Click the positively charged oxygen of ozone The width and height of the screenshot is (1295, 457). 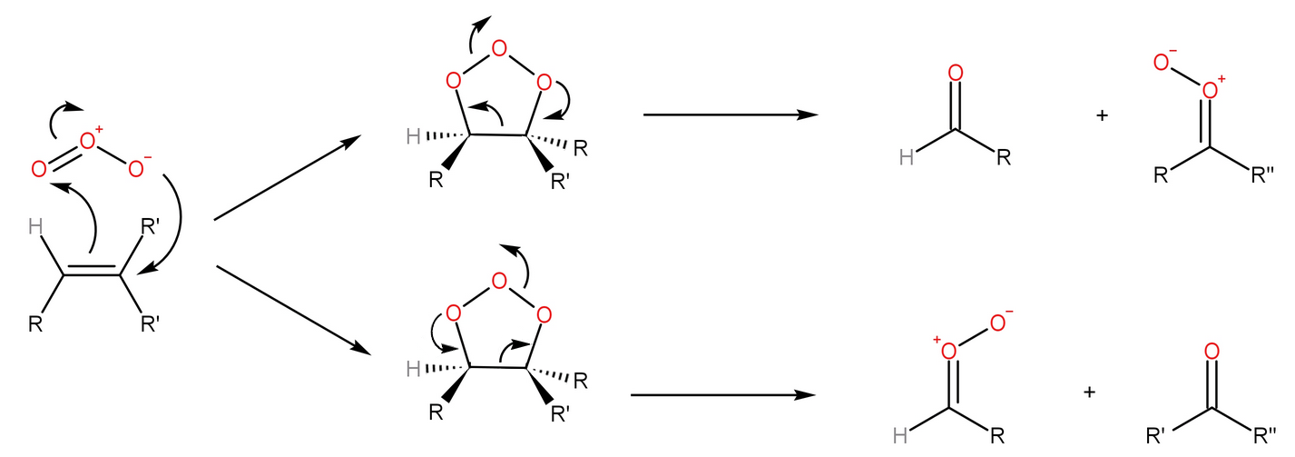(x=88, y=142)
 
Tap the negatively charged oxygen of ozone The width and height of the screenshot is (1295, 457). (x=137, y=169)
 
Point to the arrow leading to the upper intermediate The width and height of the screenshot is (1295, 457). (x=287, y=178)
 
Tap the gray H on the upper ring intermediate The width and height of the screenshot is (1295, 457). (x=414, y=137)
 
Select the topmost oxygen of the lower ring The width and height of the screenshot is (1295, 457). (x=498, y=281)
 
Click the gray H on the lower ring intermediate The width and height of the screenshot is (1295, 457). (x=414, y=368)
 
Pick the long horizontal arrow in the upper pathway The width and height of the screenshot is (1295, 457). (x=730, y=115)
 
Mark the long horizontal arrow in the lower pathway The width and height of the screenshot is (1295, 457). (x=722, y=395)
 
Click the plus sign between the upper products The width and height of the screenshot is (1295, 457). (x=1103, y=115)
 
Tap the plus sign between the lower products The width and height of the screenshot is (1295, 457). (x=1090, y=392)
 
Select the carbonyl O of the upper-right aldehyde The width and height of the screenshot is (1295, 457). (x=954, y=73)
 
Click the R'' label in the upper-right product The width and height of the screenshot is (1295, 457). (x=1262, y=175)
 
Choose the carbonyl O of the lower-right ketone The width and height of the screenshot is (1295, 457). (x=1211, y=351)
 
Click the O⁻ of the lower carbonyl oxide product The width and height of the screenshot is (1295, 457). (x=998, y=323)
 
